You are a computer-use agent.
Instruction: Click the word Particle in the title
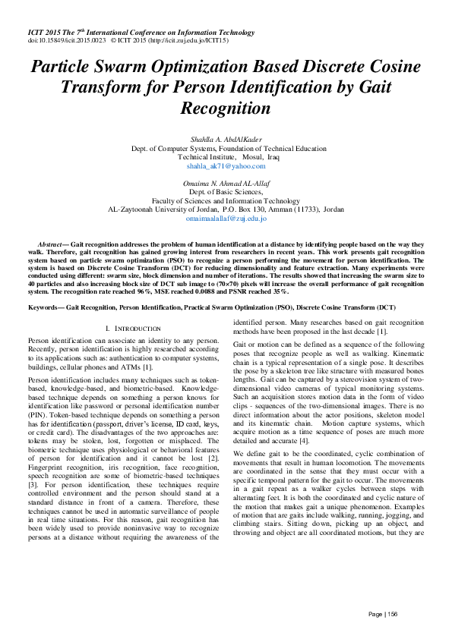(x=63, y=67)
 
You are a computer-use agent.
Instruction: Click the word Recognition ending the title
(x=226, y=108)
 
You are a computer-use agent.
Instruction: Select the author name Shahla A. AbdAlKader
(x=226, y=139)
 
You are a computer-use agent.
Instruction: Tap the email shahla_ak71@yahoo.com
(x=226, y=165)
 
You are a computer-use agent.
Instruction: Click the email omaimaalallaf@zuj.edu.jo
(x=226, y=219)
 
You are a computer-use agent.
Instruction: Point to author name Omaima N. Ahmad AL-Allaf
(x=226, y=183)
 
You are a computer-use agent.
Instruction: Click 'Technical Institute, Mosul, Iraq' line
(x=226, y=156)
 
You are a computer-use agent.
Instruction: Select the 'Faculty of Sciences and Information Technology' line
(x=226, y=200)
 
